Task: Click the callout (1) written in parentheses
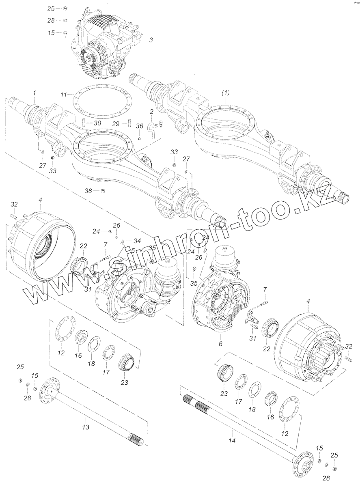click(226, 93)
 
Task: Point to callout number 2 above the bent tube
click(151, 111)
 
